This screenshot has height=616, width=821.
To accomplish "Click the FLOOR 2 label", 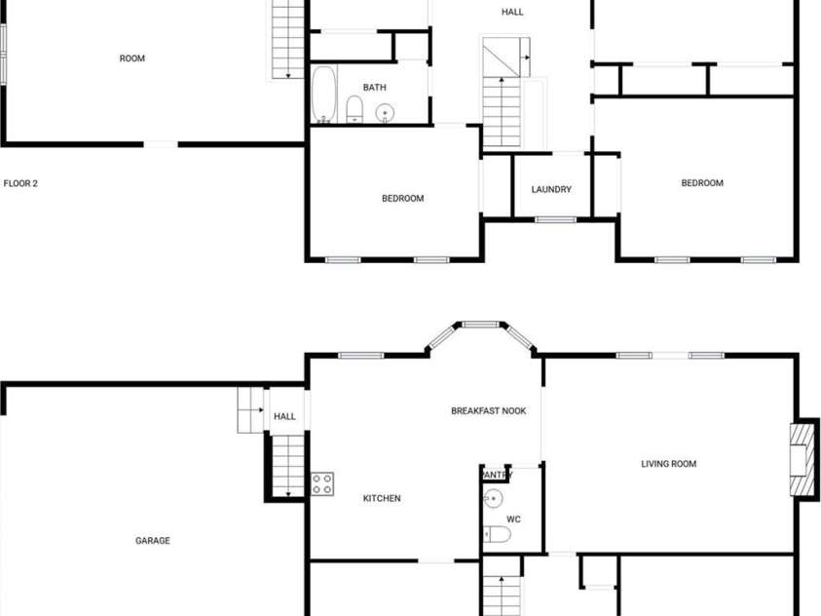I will (x=20, y=183).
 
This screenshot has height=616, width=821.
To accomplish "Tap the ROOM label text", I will (x=132, y=58).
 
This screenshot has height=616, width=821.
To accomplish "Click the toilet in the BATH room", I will (x=355, y=108).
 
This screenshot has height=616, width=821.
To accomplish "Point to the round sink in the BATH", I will (x=386, y=113).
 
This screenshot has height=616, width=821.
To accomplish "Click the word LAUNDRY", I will (x=551, y=189).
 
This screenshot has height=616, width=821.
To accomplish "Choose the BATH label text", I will (x=375, y=88).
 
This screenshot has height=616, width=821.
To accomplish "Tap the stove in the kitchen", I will (x=322, y=483).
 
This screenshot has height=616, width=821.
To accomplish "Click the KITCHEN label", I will (x=382, y=499).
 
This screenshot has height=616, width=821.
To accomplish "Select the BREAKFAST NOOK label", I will (x=488, y=411).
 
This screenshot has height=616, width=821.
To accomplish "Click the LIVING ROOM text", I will (x=668, y=464).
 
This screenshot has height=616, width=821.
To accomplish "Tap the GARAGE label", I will (x=153, y=541).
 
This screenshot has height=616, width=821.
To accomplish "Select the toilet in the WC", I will (x=496, y=534).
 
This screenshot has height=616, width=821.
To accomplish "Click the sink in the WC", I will (x=493, y=500).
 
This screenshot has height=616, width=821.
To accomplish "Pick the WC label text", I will (x=513, y=520).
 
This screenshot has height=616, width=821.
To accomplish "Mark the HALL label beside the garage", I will (x=284, y=417).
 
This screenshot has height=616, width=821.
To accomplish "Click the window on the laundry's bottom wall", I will (x=555, y=219).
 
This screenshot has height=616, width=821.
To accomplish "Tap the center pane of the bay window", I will (x=480, y=325).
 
